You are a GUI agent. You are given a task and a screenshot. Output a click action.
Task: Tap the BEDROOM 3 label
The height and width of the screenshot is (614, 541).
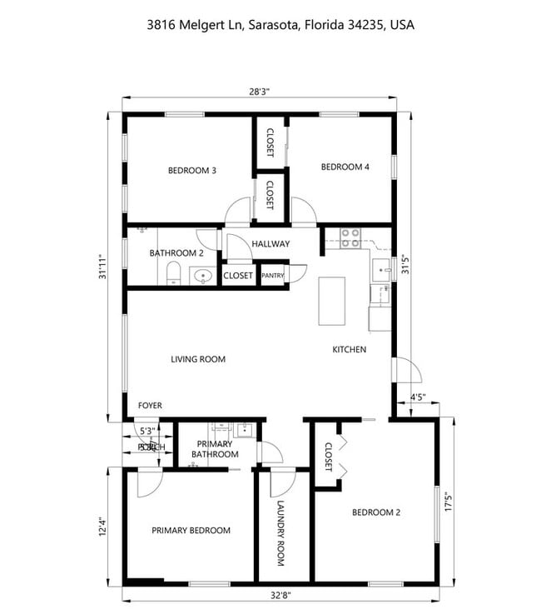pos(192,171)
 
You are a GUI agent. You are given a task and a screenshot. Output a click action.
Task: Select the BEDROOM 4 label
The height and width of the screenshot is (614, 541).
pos(345,167)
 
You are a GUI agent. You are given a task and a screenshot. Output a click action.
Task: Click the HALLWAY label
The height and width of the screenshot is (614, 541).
pos(270,244)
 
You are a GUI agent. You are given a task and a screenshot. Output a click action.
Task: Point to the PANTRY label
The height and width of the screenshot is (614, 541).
pos(273,276)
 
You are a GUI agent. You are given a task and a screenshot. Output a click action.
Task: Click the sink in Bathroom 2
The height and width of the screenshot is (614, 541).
pos(201,275)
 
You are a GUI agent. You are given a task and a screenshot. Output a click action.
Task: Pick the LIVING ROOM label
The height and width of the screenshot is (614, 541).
pos(198,360)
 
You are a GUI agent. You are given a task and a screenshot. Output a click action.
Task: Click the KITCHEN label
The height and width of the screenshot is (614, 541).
pos(349,350)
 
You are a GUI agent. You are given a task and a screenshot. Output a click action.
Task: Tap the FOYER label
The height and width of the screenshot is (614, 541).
pos(150,406)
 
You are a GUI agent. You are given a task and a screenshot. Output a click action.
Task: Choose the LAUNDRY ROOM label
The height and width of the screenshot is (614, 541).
pos(280,534)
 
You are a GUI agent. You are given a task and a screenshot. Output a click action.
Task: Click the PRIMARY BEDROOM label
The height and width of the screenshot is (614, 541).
pos(191,530)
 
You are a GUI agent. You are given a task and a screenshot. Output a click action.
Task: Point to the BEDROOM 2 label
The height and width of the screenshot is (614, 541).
pos(376,512)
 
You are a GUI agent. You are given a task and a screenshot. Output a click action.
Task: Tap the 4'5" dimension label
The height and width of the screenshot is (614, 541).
pos(419,397)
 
